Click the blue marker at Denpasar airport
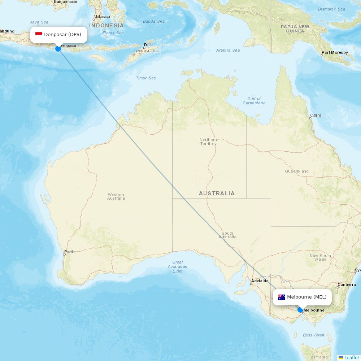coord(58,48)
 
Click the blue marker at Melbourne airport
coord(300,310)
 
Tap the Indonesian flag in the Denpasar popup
coord(39,34)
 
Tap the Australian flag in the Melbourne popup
coord(282,297)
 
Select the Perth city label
coord(69,252)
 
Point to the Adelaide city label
coord(260,281)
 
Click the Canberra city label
coord(347,285)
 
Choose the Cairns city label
coord(316,116)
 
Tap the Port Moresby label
coord(335,53)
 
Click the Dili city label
coord(147,45)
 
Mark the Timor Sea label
coord(146,78)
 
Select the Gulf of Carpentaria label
coord(254,101)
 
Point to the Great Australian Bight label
coord(178,267)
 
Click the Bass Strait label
coord(314,335)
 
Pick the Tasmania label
coord(318,357)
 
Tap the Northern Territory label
coord(208,142)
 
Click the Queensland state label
coord(297,171)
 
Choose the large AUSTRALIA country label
coord(217,193)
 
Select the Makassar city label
coord(102,17)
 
